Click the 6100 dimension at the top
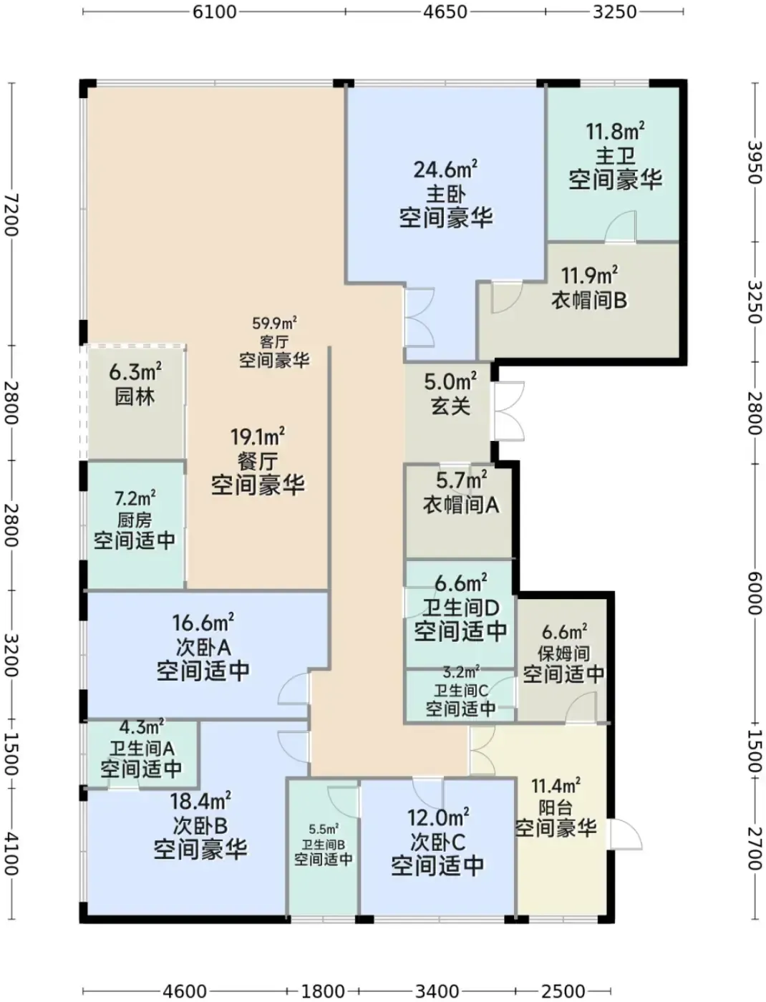214,12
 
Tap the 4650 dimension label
445,12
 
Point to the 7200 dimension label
11,215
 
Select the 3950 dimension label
754,162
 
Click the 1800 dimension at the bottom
323,988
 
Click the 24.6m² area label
445,170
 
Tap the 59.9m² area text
274,324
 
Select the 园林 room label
135,397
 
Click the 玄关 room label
450,406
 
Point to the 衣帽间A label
461,505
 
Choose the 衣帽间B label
589,300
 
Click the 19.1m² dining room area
258,437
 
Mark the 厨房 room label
134,520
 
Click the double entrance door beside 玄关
508,410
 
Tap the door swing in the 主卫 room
621,226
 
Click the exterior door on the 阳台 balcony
624,834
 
